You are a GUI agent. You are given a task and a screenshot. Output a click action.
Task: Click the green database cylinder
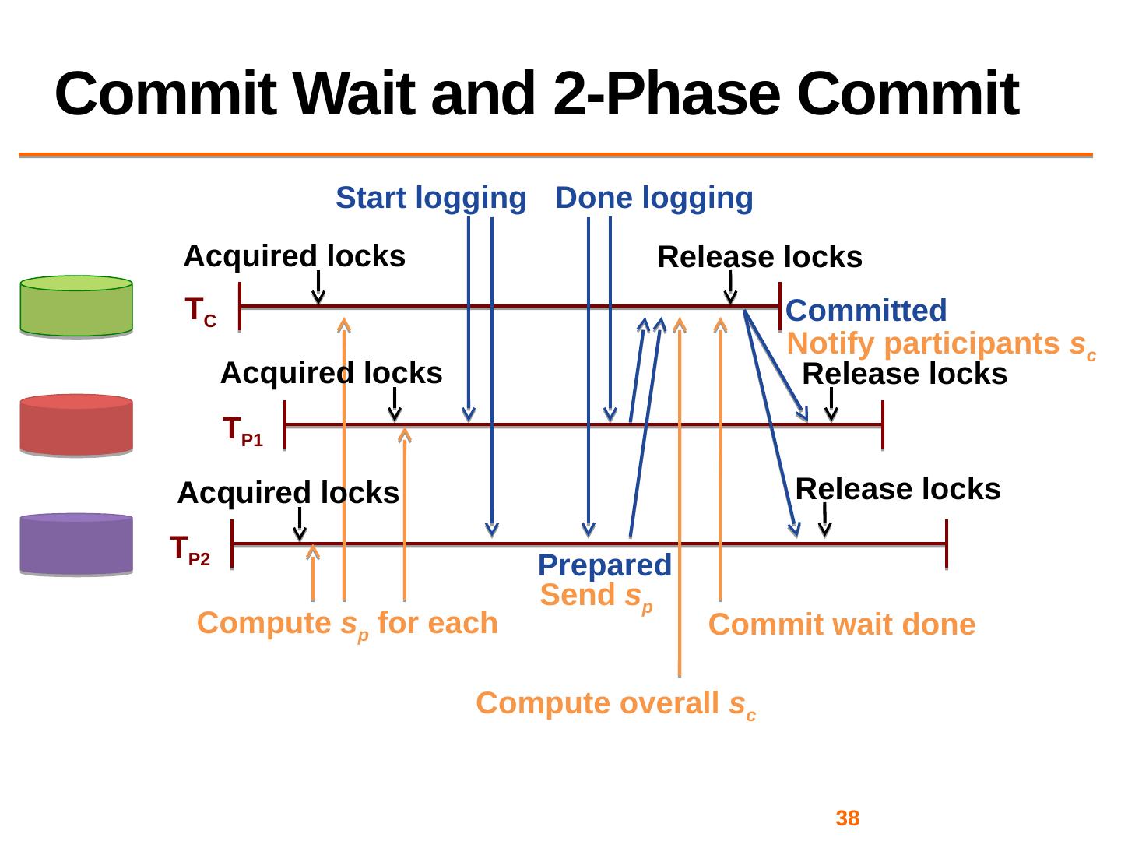click(76, 306)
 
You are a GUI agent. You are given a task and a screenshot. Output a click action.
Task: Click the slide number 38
click(847, 818)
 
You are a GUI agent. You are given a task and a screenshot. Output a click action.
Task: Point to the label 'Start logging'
click(430, 199)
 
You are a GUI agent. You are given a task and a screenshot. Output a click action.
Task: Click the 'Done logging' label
click(654, 199)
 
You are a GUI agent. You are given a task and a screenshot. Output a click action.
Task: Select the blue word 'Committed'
click(866, 311)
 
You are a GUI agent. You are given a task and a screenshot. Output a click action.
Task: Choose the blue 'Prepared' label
click(604, 565)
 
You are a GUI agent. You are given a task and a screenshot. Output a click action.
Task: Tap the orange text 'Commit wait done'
click(842, 625)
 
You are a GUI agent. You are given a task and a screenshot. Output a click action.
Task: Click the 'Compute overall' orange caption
click(616, 704)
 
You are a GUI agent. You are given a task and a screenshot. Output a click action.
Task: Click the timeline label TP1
click(242, 431)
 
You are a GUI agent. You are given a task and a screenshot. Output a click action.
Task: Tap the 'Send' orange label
click(596, 596)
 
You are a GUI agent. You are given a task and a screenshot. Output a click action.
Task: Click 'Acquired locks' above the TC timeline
click(294, 256)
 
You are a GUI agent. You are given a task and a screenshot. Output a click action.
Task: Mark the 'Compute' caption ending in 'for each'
click(347, 624)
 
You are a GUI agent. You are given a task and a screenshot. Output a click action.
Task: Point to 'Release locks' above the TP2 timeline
click(898, 489)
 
